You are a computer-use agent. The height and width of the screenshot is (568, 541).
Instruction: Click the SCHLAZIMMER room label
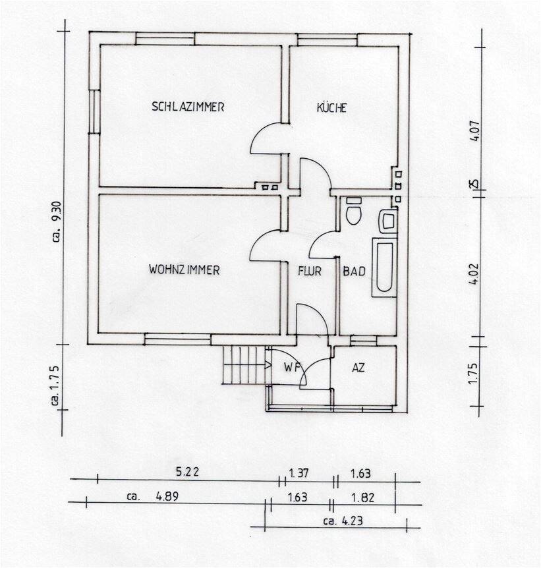click(188, 106)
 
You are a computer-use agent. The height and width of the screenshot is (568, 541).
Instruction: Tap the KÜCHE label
click(331, 108)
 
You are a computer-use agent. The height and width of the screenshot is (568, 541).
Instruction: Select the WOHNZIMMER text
click(184, 270)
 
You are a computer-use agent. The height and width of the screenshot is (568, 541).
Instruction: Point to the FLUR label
click(309, 271)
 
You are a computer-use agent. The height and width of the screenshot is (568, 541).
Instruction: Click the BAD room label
click(354, 271)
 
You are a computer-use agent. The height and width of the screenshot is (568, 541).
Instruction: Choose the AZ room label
click(358, 368)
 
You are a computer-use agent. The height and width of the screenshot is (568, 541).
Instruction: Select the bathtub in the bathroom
click(384, 266)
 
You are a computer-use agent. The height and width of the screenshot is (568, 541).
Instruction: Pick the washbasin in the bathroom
click(387, 221)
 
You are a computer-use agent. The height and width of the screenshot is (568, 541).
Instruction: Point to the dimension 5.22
click(187, 472)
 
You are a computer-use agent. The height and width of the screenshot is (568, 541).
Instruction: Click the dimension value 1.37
click(300, 472)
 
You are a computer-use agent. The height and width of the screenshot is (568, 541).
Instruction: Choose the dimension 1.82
click(363, 497)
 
